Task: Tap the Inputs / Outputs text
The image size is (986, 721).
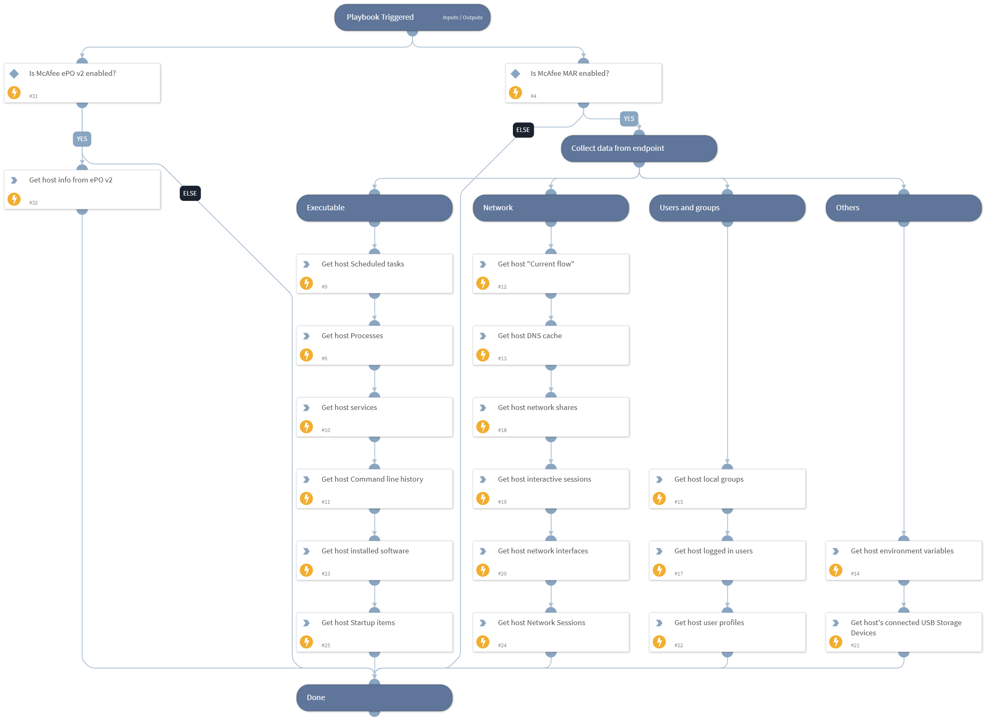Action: click(x=462, y=18)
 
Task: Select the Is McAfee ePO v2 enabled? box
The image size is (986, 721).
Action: click(x=82, y=83)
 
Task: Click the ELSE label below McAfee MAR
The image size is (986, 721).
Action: click(x=523, y=130)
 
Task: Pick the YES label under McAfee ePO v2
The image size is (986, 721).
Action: click(x=82, y=139)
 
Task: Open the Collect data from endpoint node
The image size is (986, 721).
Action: click(x=638, y=148)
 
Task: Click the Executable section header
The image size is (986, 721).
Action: click(x=374, y=208)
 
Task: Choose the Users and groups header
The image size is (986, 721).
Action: click(x=727, y=208)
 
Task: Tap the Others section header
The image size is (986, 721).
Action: click(x=903, y=208)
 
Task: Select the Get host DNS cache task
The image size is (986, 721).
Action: click(x=551, y=345)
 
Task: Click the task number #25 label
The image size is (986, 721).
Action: click(x=325, y=645)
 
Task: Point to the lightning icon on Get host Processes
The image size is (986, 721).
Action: click(x=306, y=355)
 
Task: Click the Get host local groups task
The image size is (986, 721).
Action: click(x=727, y=488)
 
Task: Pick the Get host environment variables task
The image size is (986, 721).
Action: click(x=903, y=560)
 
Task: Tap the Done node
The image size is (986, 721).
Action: click(x=374, y=698)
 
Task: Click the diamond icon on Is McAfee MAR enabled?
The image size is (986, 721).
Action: click(x=515, y=74)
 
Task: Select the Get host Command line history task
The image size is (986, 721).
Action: click(x=374, y=488)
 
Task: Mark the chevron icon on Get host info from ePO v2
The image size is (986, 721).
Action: click(x=14, y=180)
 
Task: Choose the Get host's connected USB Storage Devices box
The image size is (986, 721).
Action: click(x=903, y=632)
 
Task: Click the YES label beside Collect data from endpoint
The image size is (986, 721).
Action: click(x=628, y=119)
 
